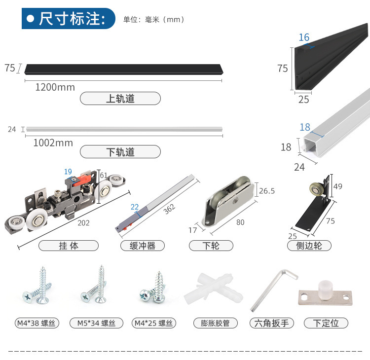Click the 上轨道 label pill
[x=120, y=99]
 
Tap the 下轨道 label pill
[x=120, y=152]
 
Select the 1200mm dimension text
[x=55, y=87]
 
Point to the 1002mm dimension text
[x=53, y=143]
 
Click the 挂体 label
[x=69, y=246]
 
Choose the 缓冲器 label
[x=143, y=246]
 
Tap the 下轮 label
[x=211, y=246]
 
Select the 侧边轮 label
[x=309, y=246]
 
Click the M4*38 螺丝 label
[x=36, y=324]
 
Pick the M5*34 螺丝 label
[x=96, y=324]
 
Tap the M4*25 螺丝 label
[x=153, y=324]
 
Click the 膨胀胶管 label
[x=215, y=324]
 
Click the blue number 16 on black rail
[x=304, y=37]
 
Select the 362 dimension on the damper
[x=169, y=209]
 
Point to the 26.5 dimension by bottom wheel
[x=267, y=191]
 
